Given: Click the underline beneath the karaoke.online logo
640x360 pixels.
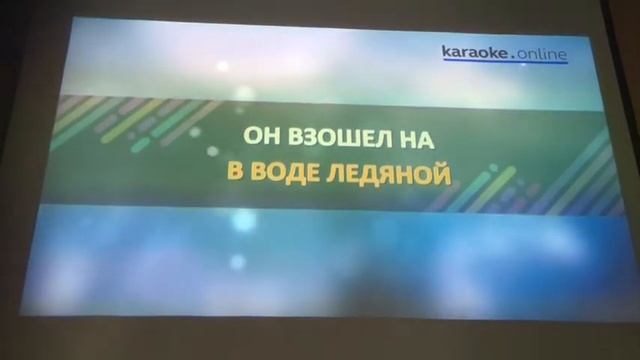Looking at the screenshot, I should tap(505, 64).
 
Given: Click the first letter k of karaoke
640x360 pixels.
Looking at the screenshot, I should tap(446, 50).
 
